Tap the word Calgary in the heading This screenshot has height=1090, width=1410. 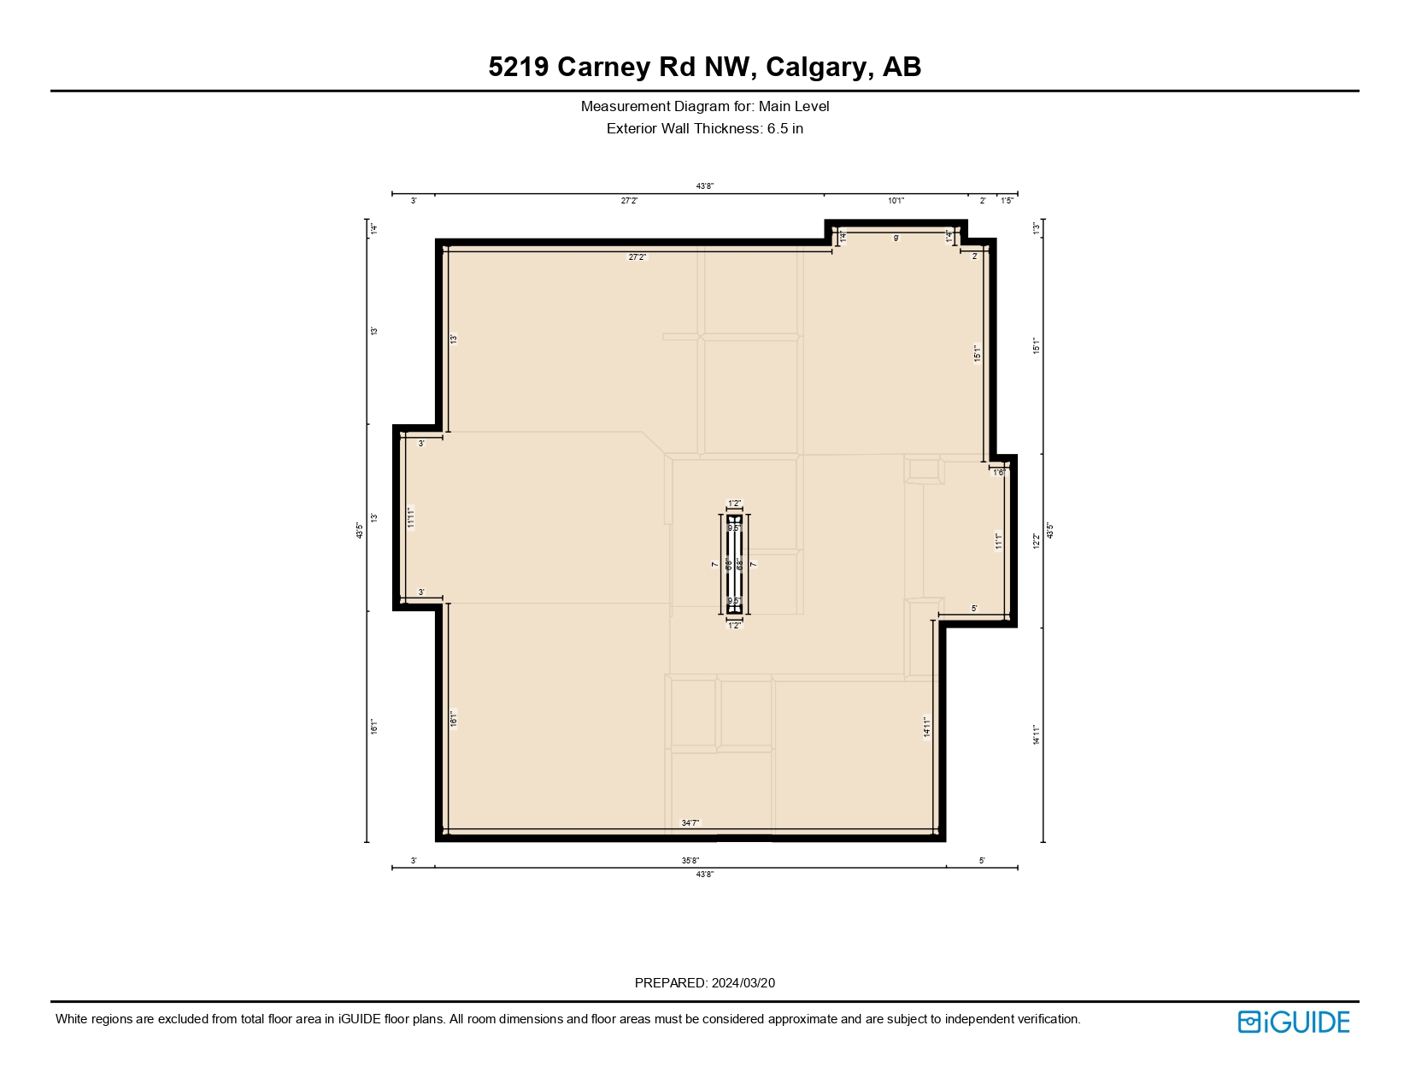point(816,67)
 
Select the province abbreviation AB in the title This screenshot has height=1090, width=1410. point(902,67)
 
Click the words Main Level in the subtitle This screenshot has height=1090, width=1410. point(794,107)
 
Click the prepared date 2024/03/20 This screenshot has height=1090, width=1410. point(743,983)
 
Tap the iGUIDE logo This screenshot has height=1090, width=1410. point(1293,1022)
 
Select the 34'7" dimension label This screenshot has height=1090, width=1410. point(690,823)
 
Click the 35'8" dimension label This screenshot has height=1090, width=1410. point(690,861)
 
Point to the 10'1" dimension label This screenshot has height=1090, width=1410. point(896,201)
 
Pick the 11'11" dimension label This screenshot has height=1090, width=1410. point(411,518)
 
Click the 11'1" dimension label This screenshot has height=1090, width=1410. point(998,541)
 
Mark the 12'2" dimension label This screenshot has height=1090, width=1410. point(1036,541)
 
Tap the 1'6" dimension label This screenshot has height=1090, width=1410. point(999,473)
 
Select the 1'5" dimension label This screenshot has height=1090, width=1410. point(1008,201)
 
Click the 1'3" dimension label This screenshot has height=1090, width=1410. point(1036,229)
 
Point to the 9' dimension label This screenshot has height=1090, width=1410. point(896,239)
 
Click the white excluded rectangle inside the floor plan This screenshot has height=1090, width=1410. point(735,564)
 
